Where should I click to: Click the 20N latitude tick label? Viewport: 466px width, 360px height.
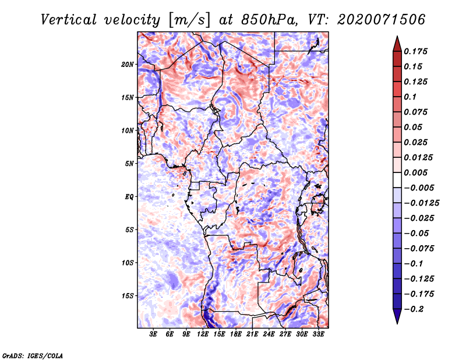[x=128, y=64]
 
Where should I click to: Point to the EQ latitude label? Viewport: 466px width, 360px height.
[x=129, y=197]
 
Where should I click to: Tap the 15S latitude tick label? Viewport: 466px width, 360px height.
[x=128, y=296]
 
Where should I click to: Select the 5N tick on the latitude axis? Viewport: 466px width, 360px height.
[x=129, y=164]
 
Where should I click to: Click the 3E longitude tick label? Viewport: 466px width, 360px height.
[x=153, y=334]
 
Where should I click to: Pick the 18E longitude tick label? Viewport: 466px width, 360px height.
[x=236, y=334]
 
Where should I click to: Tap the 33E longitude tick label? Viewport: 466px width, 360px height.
[x=318, y=334]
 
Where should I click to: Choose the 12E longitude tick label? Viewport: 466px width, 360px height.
[x=202, y=334]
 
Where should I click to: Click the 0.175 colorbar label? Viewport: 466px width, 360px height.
[x=415, y=51]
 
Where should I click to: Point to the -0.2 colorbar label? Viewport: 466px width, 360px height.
[x=414, y=309]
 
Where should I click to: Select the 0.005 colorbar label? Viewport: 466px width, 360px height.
[x=415, y=172]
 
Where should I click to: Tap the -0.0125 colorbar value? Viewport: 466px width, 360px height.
[x=421, y=203]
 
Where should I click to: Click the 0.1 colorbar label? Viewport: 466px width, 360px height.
[x=410, y=97]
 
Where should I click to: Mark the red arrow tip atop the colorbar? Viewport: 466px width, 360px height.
[x=397, y=37]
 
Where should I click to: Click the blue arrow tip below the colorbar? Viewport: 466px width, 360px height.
[x=397, y=323]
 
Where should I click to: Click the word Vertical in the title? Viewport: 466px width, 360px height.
[x=68, y=20]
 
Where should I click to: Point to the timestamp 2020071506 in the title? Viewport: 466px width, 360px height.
[x=382, y=20]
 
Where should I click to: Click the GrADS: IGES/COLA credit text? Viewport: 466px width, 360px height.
[x=33, y=355]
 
